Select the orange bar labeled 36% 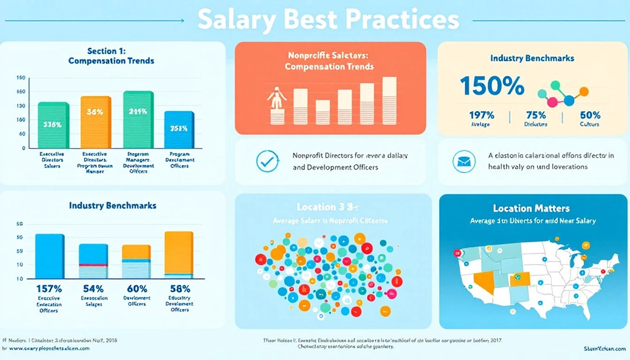click(95, 122)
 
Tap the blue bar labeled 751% click(179, 130)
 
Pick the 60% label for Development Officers click(137, 289)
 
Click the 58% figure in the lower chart click(179, 289)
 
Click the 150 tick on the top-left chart click(20, 78)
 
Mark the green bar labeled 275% click(53, 124)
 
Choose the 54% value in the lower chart click(93, 289)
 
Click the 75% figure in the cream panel click(535, 115)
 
